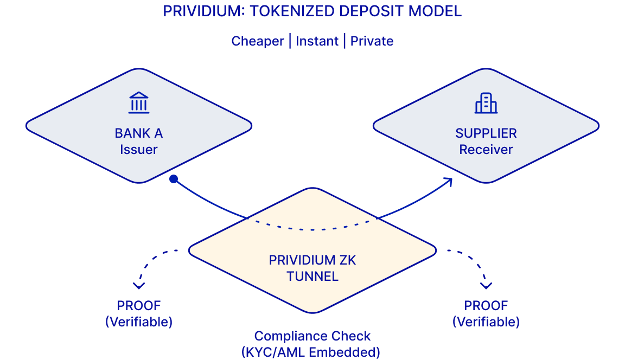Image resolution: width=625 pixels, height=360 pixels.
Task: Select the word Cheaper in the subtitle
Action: coord(258,41)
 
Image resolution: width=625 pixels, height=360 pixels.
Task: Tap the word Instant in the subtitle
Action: coord(317,41)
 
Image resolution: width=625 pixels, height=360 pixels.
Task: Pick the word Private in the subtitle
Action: coord(372,41)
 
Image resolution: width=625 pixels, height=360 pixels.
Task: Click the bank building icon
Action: coord(139,103)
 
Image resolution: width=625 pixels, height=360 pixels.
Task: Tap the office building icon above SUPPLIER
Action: coord(486,103)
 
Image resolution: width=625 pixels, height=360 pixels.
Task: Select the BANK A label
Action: coord(139,133)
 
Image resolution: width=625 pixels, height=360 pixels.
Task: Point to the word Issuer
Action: coord(139,150)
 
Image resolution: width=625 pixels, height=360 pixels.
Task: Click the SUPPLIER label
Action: coord(486,133)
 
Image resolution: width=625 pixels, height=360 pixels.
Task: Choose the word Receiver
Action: coord(486,150)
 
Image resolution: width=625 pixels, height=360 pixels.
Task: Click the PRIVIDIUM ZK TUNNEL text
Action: coord(312,268)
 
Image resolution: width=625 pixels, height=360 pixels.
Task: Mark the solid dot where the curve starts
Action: coord(173,179)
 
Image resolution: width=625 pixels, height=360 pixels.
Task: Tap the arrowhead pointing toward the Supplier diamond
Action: coord(448,181)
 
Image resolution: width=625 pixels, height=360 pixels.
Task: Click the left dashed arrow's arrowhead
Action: coord(139,285)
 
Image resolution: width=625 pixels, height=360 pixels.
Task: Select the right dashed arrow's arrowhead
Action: coord(486,285)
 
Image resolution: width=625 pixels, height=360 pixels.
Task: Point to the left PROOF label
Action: coord(139,305)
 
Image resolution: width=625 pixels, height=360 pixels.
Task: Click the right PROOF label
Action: coord(486,305)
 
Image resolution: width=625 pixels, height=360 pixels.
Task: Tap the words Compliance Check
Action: coord(312,336)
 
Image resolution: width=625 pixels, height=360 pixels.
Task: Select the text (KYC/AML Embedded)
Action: coord(310,352)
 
